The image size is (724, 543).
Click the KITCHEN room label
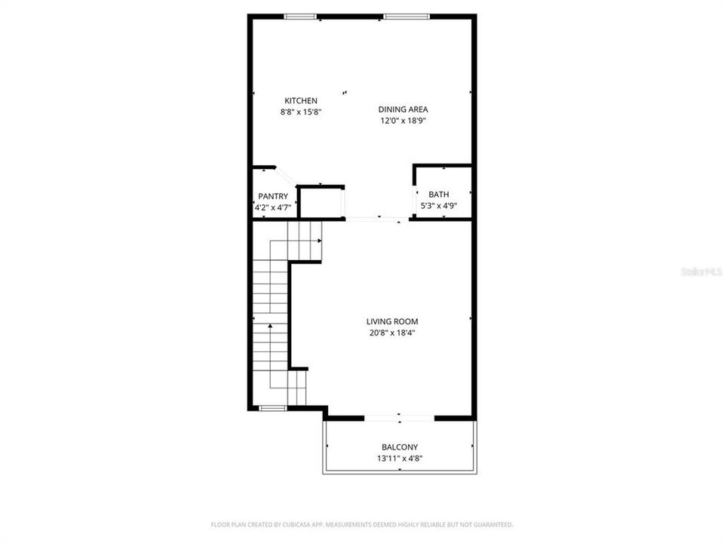[x=300, y=100]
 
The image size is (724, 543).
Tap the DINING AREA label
[x=403, y=109]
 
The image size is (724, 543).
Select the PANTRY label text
[x=273, y=196]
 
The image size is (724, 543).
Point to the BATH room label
[x=438, y=195]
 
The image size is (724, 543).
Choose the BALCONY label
[x=399, y=447]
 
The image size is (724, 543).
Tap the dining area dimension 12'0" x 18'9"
[x=403, y=121]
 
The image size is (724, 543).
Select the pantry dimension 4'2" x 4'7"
[x=273, y=207]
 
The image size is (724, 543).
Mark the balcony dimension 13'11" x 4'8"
[x=399, y=459]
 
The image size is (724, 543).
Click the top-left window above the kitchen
[x=300, y=16]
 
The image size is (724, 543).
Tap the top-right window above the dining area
[x=408, y=16]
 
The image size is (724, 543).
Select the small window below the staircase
[x=272, y=408]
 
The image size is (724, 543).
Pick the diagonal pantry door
[x=287, y=176]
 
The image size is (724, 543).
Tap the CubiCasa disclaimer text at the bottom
[x=361, y=524]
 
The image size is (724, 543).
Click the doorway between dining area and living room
[x=377, y=219]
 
